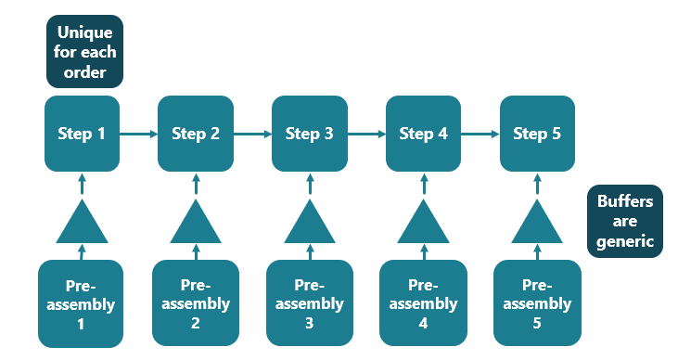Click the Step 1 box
[82, 134]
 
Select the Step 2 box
[196, 134]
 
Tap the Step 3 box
[310, 134]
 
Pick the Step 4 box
[423, 134]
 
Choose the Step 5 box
[537, 134]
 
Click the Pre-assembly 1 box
[82, 303]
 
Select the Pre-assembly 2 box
[196, 303]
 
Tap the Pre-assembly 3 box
[310, 303]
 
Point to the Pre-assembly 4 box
[423, 303]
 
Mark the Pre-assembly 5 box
[537, 303]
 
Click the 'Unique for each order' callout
[84, 51]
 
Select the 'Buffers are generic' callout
[625, 221]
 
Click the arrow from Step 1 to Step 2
[138, 134]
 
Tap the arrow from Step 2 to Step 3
[252, 134]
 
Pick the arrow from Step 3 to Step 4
[366, 134]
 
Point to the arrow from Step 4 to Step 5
[480, 134]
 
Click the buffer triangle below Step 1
[82, 225]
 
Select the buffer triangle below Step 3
[310, 225]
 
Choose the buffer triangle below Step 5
[537, 225]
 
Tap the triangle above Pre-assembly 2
[196, 225]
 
